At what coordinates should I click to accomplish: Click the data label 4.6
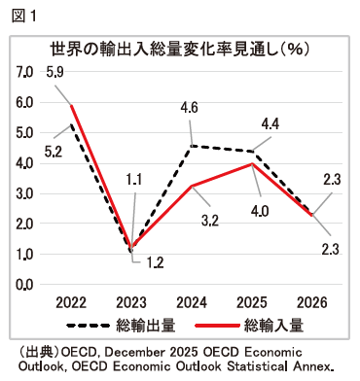[191, 108]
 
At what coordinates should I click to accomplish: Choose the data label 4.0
[260, 207]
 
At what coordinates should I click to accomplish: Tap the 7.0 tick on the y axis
[24, 73]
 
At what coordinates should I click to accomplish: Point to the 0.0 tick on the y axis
[24, 285]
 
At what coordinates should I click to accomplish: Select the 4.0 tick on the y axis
[24, 163]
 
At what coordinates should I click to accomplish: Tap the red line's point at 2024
[193, 187]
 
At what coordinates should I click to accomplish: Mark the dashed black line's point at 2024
[193, 146]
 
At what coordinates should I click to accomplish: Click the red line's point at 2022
[71, 106]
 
